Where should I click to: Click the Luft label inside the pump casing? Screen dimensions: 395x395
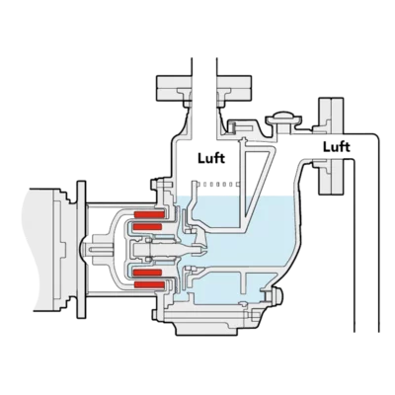(x=211, y=158)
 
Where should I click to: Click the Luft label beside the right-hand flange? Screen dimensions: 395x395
(x=337, y=147)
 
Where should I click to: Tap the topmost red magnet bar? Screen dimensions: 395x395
(x=149, y=215)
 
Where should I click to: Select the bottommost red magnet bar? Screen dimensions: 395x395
(x=149, y=284)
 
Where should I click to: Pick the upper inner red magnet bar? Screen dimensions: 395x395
(x=147, y=226)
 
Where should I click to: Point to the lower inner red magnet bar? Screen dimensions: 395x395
(x=147, y=273)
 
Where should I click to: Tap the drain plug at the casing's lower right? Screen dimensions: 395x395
(x=276, y=295)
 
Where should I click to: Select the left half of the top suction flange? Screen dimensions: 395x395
(x=174, y=88)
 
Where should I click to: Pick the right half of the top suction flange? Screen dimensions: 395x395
(x=234, y=88)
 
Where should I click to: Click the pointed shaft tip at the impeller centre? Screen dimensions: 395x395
(x=201, y=251)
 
